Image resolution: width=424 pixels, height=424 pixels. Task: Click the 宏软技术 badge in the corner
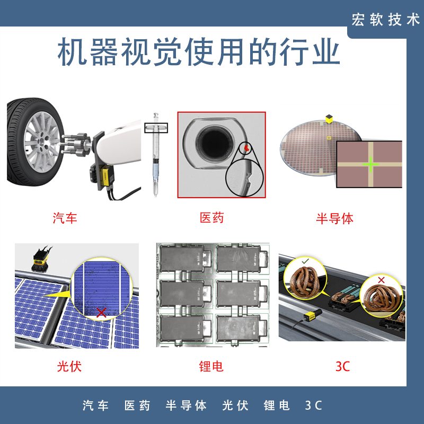coord(385,20)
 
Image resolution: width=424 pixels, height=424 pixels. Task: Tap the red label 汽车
coord(65,218)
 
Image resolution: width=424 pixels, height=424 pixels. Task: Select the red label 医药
coord(212,218)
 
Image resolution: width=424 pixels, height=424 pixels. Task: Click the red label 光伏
coord(69,366)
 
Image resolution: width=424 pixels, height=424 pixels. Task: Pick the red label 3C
coord(343,366)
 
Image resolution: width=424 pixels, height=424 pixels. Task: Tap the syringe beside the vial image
coord(156,154)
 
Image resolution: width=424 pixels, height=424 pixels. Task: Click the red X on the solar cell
coord(101,313)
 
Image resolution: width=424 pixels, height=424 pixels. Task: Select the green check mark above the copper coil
coord(305,261)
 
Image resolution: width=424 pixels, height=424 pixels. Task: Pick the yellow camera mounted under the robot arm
coord(106,176)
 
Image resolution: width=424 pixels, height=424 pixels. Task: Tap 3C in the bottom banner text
coord(314,406)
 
